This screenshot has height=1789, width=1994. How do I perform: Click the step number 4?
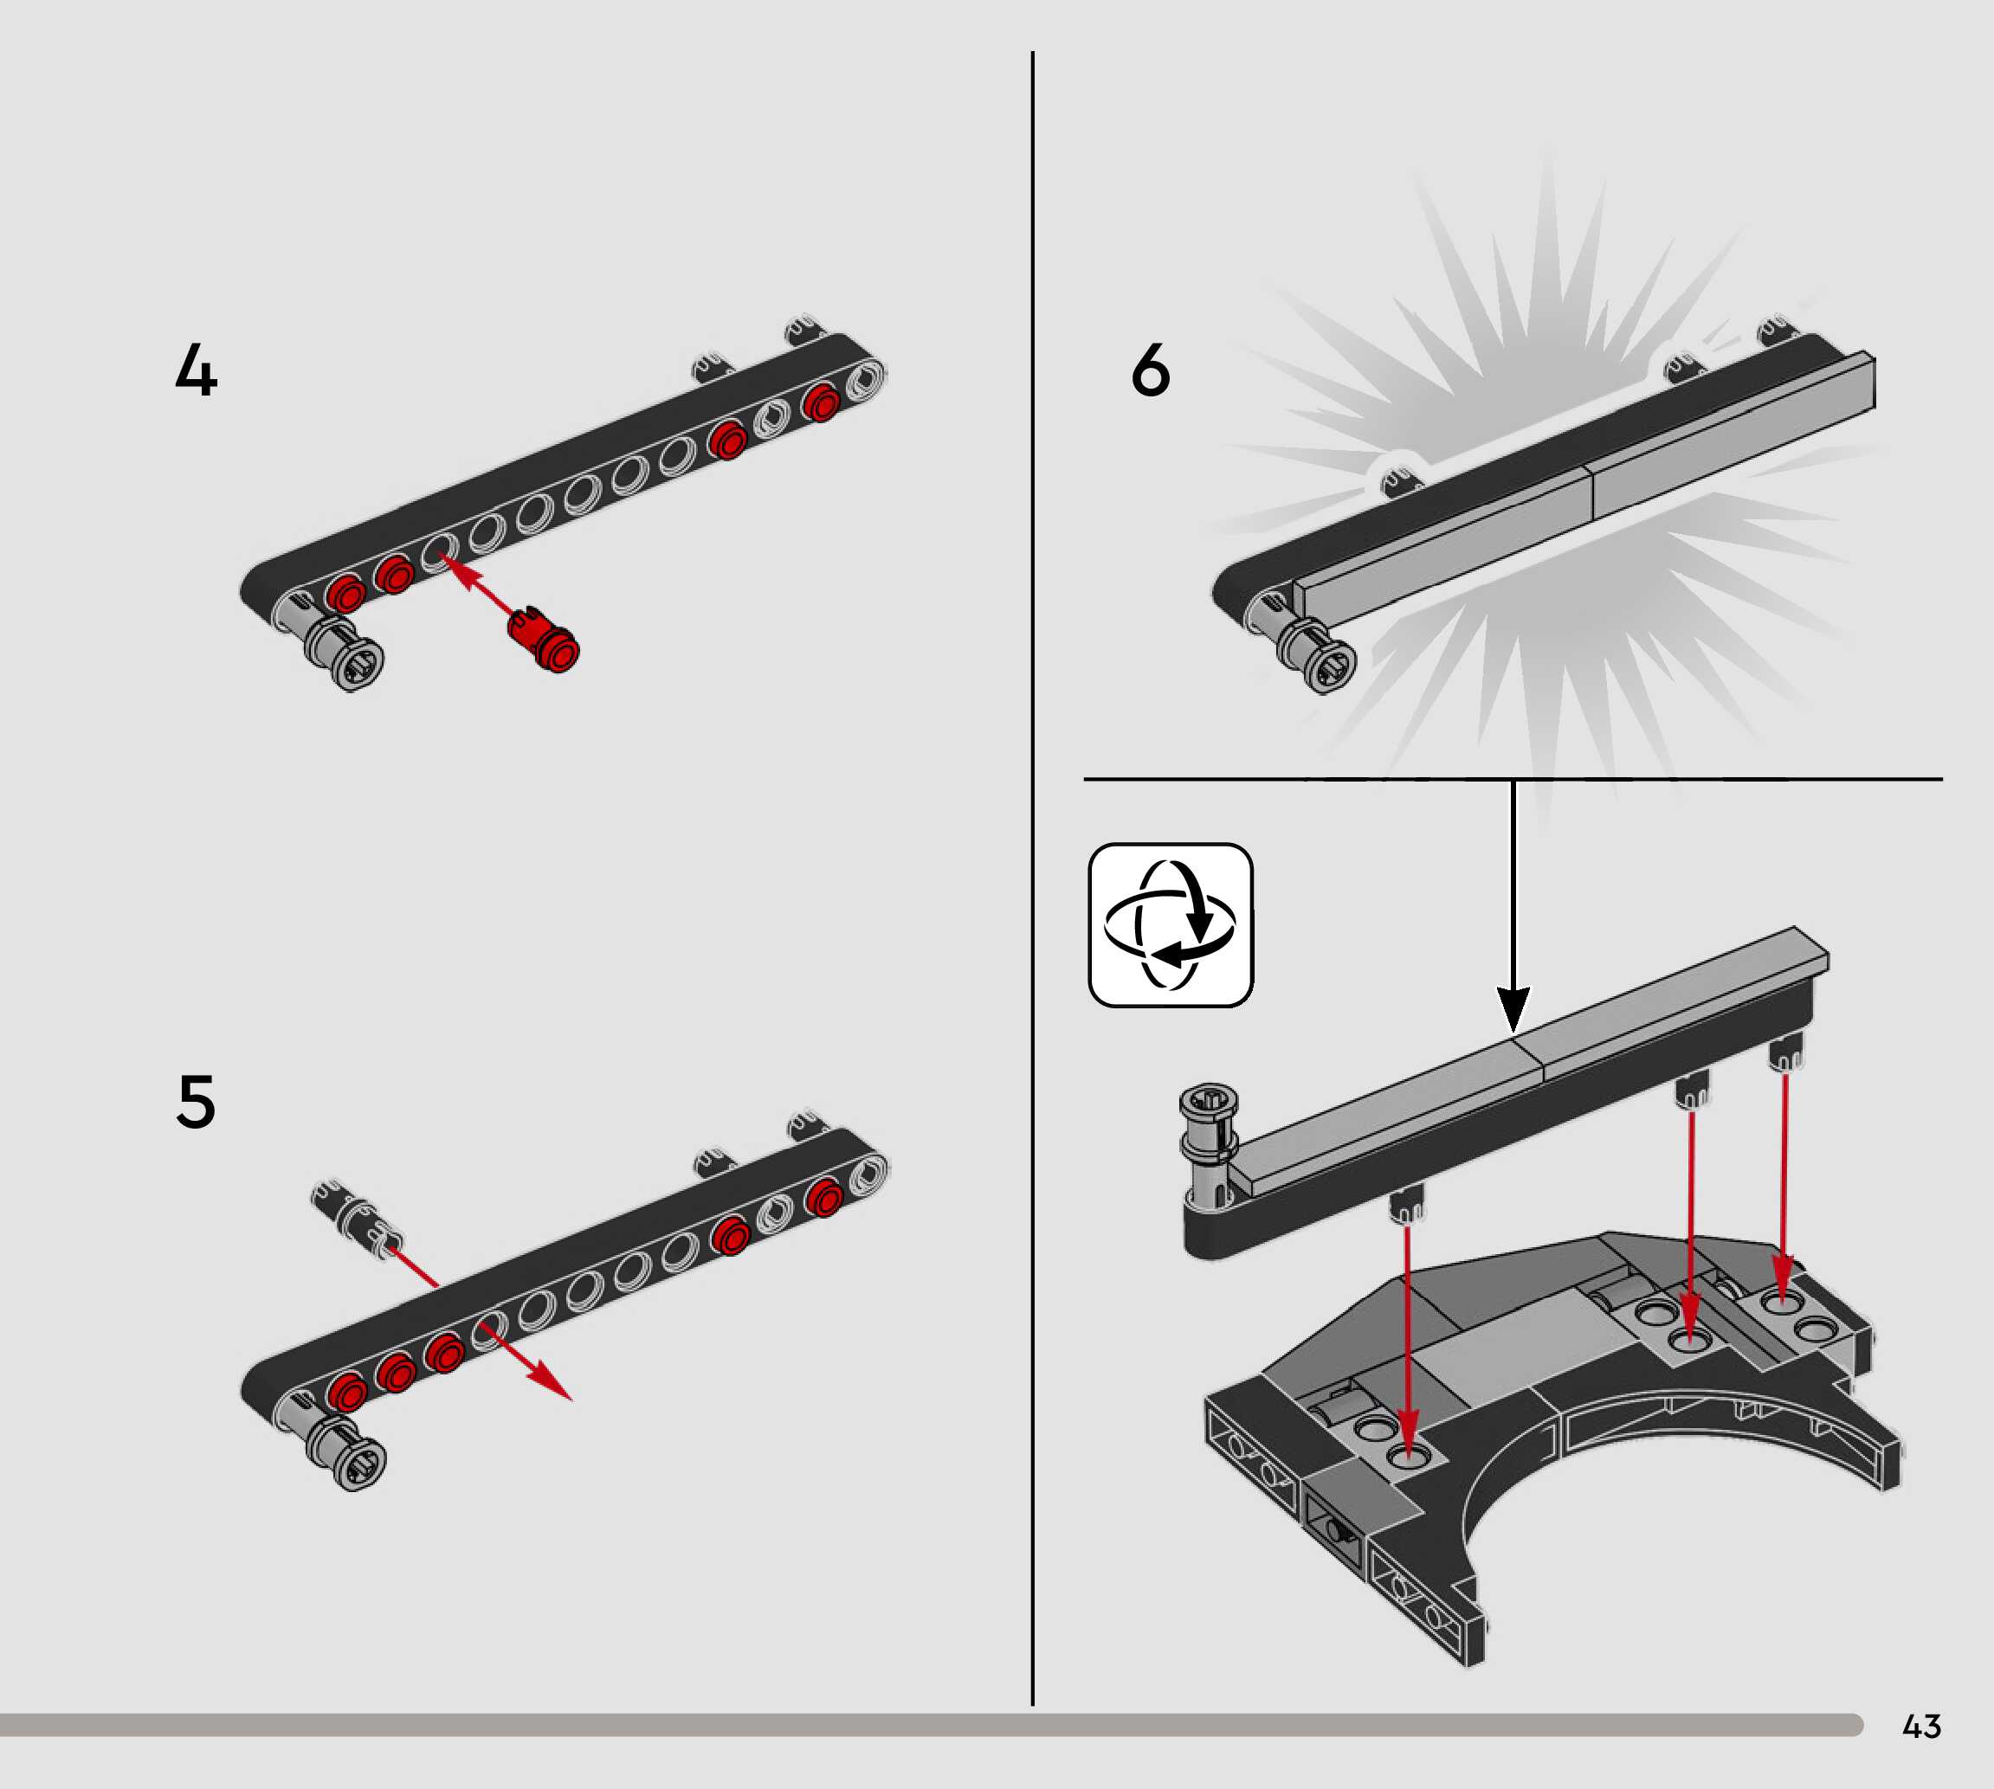point(196,370)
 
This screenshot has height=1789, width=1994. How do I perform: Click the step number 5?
point(196,1101)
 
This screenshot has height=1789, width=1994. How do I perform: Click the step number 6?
point(1151,370)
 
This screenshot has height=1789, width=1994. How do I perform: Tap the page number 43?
point(1921,1726)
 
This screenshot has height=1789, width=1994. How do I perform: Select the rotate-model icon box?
point(1170,925)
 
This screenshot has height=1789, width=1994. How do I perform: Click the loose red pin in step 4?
point(544,639)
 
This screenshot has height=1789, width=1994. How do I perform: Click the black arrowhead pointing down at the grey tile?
point(1513,1008)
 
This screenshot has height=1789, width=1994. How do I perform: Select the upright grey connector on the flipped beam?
point(1209,1146)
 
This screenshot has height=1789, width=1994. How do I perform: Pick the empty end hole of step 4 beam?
point(866,378)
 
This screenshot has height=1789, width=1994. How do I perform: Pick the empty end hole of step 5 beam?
point(868,1173)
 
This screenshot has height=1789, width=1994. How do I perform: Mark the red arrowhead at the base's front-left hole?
point(1408,1436)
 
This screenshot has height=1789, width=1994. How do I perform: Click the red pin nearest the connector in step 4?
point(346,594)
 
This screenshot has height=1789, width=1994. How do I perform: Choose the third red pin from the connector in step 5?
point(444,1354)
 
